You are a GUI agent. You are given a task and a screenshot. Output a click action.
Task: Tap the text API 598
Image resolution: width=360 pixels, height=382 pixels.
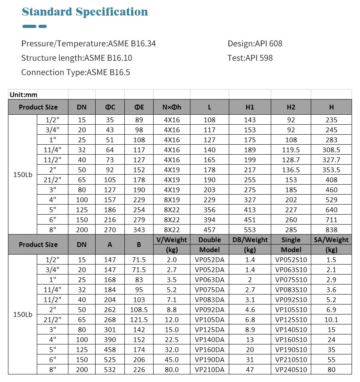pyautogui.click(x=259, y=58)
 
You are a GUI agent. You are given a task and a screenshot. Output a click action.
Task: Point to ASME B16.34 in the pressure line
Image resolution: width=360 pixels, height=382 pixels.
pyautogui.click(x=132, y=44)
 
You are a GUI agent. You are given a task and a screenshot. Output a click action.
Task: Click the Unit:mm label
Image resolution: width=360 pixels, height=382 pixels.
pyautogui.click(x=23, y=95)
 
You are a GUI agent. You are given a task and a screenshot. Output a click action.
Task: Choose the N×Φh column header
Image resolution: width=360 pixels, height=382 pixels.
pyautogui.click(x=172, y=107)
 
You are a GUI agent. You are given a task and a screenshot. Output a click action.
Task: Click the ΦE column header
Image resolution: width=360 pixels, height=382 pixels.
pyautogui.click(x=139, y=107)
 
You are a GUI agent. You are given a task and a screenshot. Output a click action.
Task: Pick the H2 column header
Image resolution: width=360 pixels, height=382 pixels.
pyautogui.click(x=291, y=107)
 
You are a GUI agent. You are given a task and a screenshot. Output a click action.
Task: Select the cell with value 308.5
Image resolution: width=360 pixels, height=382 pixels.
pyautogui.click(x=331, y=150)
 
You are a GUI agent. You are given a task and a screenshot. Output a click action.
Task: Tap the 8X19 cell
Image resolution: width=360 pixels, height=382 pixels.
pyautogui.click(x=172, y=200)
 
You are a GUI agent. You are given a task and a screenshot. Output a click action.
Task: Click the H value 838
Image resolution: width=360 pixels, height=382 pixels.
pyautogui.click(x=331, y=230)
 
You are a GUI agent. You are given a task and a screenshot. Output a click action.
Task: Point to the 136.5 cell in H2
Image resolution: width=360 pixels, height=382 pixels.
pyautogui.click(x=291, y=170)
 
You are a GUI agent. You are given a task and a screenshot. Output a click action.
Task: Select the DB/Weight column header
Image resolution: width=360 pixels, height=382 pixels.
pyautogui.click(x=250, y=240)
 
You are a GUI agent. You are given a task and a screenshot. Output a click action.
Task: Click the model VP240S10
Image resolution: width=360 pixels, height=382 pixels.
pyautogui.click(x=291, y=370)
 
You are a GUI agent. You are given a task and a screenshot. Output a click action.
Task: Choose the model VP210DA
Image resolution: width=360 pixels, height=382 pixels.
pyautogui.click(x=209, y=370)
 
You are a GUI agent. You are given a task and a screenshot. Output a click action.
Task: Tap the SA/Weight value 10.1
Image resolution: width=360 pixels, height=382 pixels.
pyautogui.click(x=331, y=320)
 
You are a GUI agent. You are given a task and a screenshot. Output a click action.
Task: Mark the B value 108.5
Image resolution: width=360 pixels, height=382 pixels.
pyautogui.click(x=139, y=310)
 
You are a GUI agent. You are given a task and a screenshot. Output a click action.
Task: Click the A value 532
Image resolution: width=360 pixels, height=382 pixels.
pyautogui.click(x=110, y=370)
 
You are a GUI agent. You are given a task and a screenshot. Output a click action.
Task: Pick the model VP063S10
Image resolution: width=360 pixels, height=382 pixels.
pyautogui.click(x=291, y=270)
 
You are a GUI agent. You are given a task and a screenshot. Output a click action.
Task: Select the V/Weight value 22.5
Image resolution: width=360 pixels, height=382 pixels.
pyautogui.click(x=172, y=340)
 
